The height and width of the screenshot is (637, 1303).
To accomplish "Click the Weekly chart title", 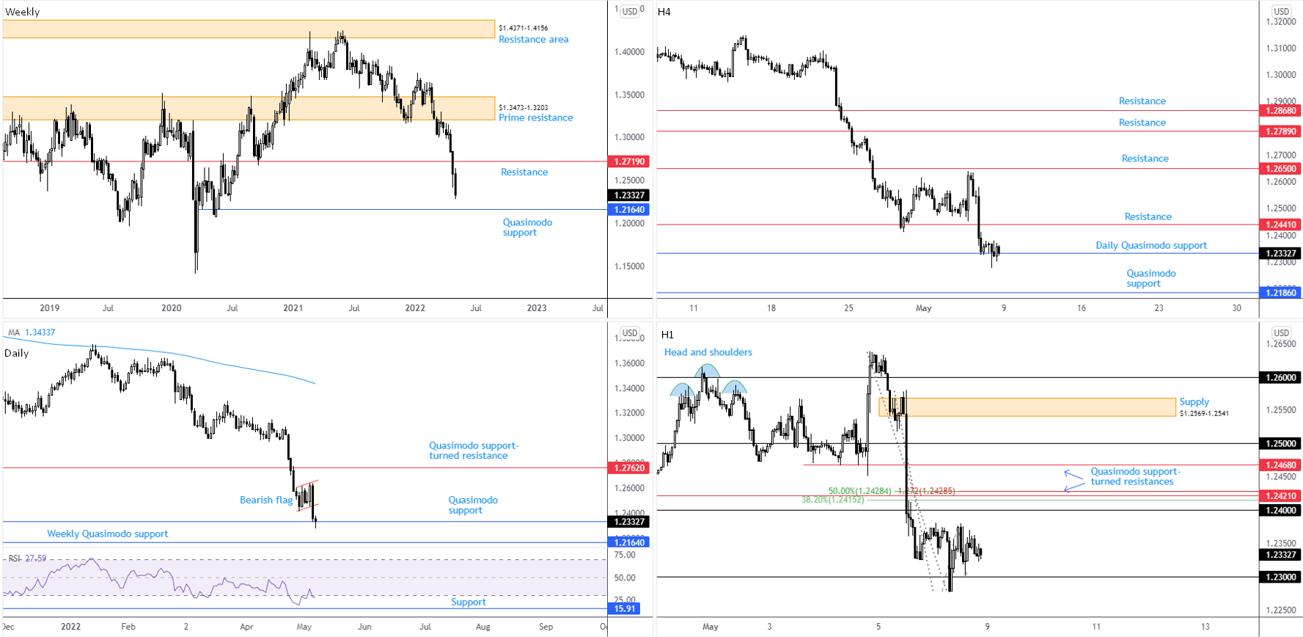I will [23, 12].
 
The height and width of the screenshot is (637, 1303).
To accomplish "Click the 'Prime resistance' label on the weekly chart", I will [535, 117].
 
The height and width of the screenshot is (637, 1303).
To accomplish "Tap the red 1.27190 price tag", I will [629, 161].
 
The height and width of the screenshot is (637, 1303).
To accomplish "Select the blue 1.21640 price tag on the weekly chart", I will [629, 210].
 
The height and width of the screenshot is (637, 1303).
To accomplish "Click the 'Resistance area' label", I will [533, 40].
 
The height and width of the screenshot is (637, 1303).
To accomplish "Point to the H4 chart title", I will [664, 12].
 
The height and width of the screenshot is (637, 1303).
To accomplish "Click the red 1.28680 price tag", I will [1280, 111].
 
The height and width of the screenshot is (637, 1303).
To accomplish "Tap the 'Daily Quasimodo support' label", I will [1150, 245].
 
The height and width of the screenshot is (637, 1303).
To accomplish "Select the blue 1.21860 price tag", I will [1280, 293].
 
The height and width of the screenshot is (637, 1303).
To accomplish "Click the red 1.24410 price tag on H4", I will [1280, 225].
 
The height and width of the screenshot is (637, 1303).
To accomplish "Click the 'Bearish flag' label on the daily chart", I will [266, 500].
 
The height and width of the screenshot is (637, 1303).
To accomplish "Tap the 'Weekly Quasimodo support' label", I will [108, 534].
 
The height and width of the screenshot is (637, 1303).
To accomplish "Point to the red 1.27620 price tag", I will [629, 467].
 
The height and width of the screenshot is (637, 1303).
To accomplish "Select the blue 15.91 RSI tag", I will [624, 608].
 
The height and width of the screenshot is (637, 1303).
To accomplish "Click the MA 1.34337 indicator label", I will [32, 332].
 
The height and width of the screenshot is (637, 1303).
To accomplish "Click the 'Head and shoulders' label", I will [708, 352].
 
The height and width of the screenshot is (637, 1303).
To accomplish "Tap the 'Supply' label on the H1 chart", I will [1194, 401].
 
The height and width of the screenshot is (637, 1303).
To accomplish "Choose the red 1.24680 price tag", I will [1280, 465].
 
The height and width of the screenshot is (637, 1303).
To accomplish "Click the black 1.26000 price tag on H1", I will [1280, 377].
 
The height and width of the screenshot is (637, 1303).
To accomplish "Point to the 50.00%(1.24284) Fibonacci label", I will [859, 491].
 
